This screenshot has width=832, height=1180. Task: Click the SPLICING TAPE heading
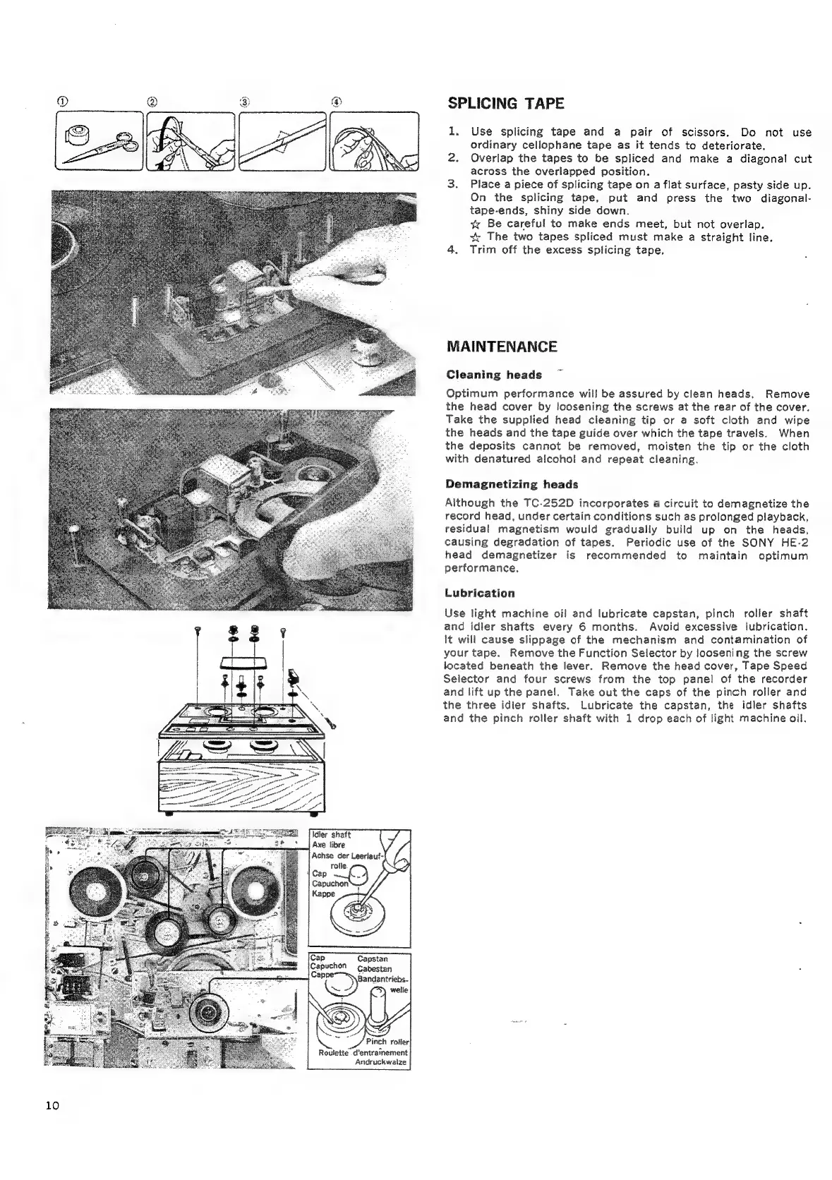pos(506,104)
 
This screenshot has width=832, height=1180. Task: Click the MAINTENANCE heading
pos(502,347)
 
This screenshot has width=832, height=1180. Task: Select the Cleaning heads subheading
pos(494,375)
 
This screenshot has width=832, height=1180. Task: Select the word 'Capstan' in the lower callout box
pos(372,958)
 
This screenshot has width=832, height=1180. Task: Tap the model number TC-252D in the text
pos(548,503)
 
